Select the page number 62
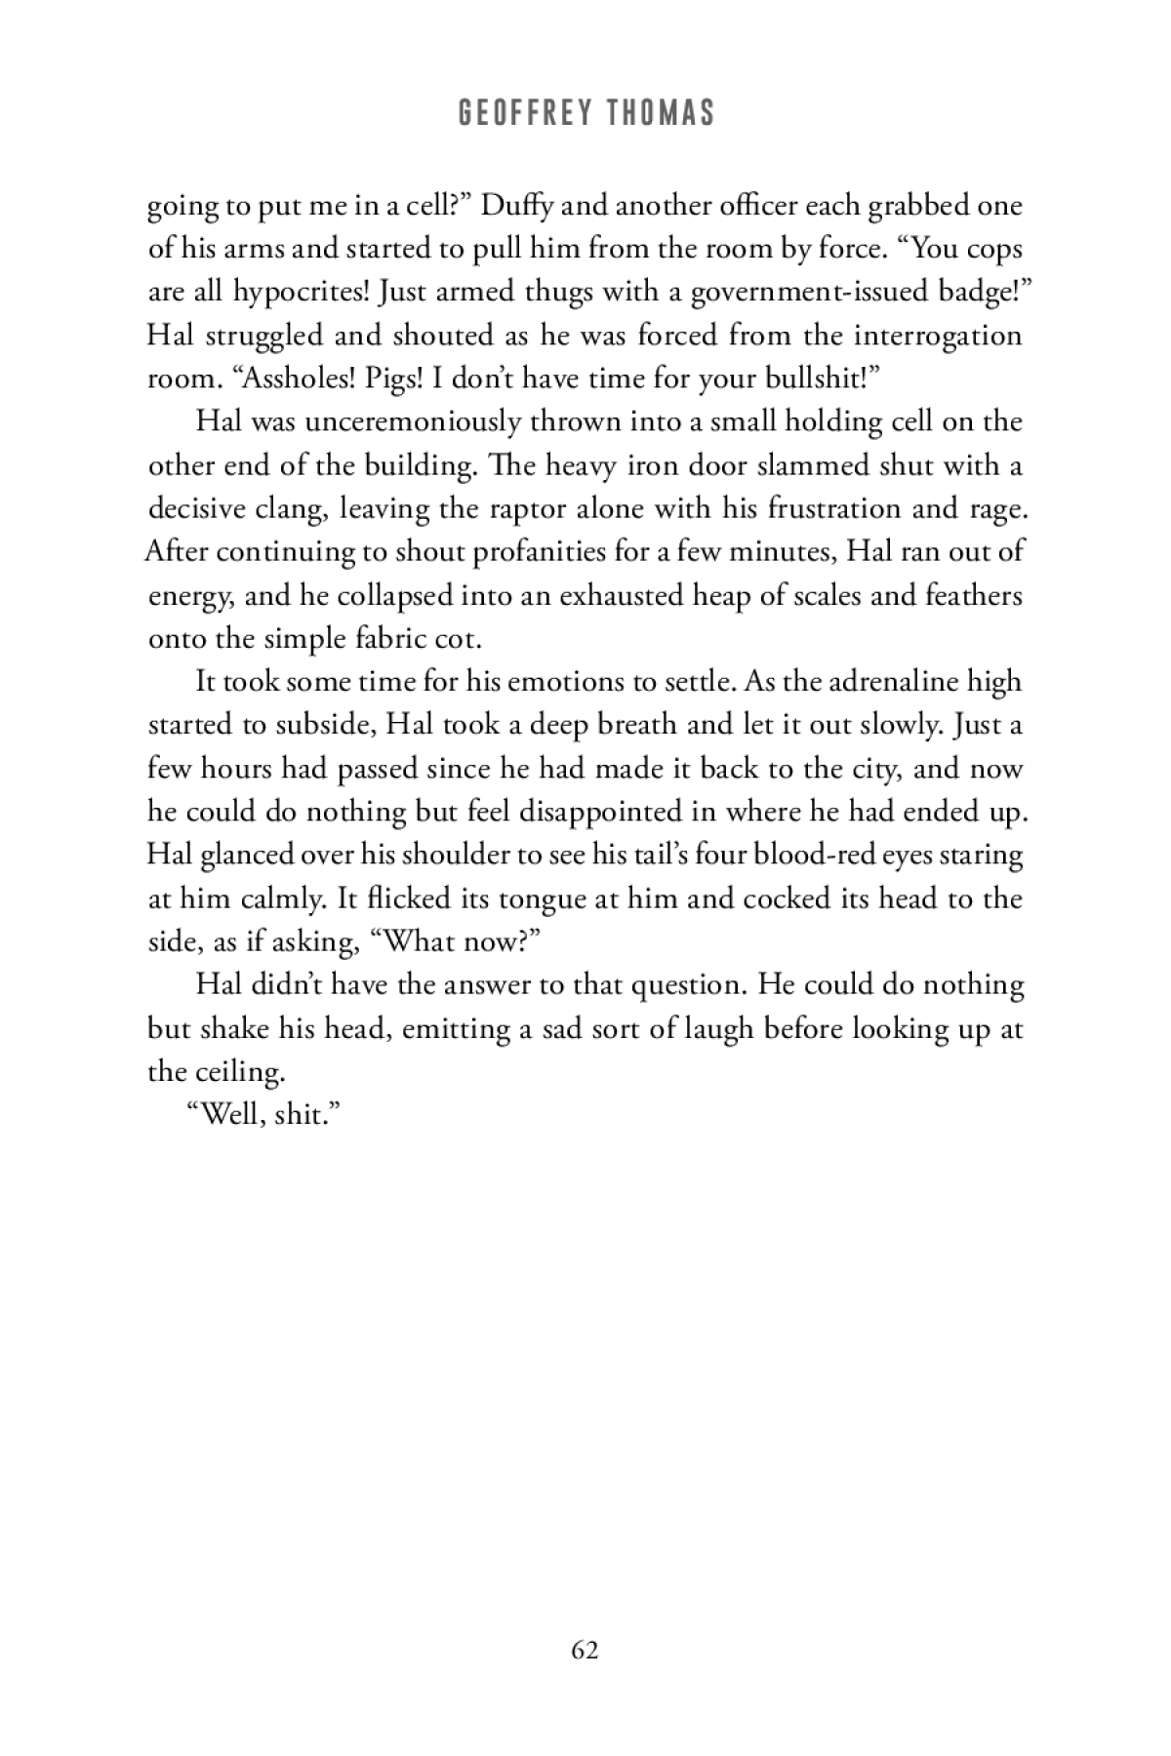[585, 1650]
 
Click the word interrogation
[938, 335]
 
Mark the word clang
[292, 507]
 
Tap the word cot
[459, 638]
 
